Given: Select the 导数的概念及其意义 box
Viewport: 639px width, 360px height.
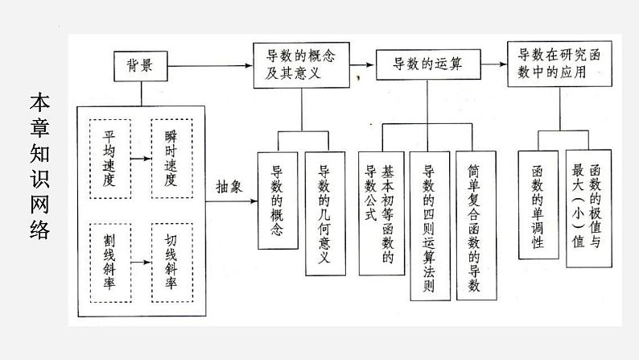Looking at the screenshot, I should [x=302, y=64].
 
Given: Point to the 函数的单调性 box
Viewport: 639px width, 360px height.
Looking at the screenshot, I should [x=538, y=205].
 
